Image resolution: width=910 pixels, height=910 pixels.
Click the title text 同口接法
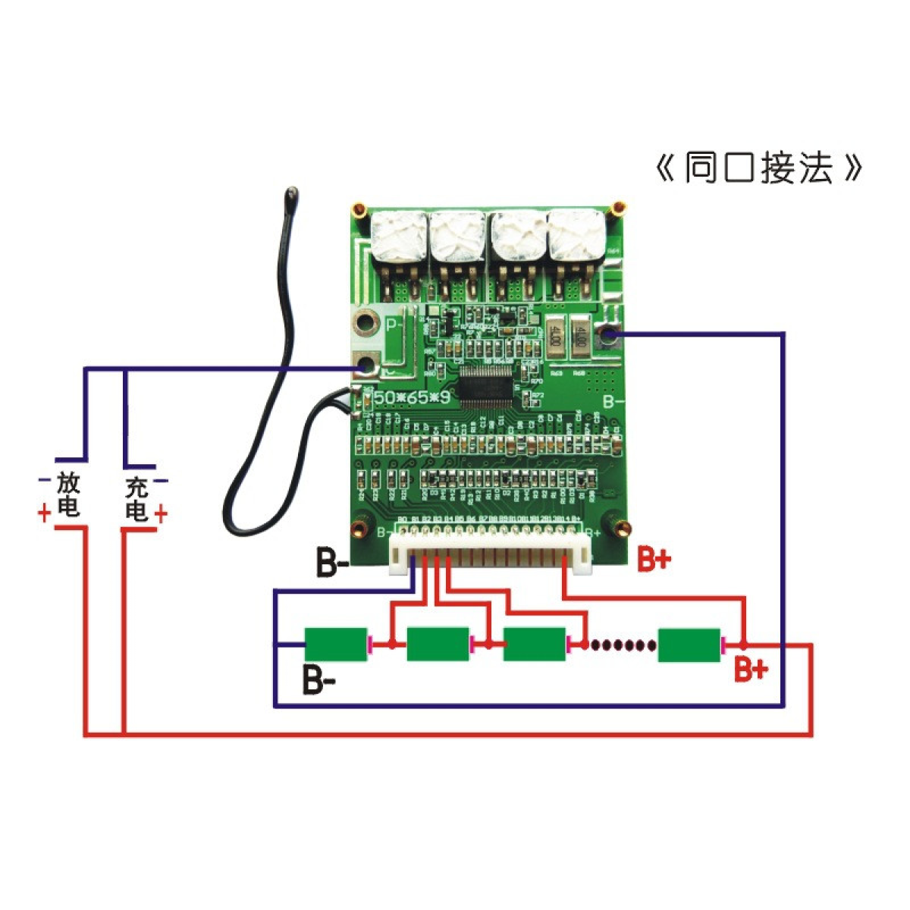coord(758,168)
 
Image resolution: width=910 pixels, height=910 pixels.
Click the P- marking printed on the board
coord(394,327)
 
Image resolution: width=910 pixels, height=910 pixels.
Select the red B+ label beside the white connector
coord(653,560)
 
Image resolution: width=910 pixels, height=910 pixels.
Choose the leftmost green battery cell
coord(335,645)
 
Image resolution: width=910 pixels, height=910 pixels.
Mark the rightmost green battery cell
coord(689,645)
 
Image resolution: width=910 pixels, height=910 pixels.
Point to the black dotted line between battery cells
coord(623,645)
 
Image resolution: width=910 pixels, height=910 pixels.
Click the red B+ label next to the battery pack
coord(750,670)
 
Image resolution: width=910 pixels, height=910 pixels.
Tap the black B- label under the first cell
coord(318,679)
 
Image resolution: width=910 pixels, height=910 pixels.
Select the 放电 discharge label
coord(68,494)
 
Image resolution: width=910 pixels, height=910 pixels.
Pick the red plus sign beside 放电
coord(44,513)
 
